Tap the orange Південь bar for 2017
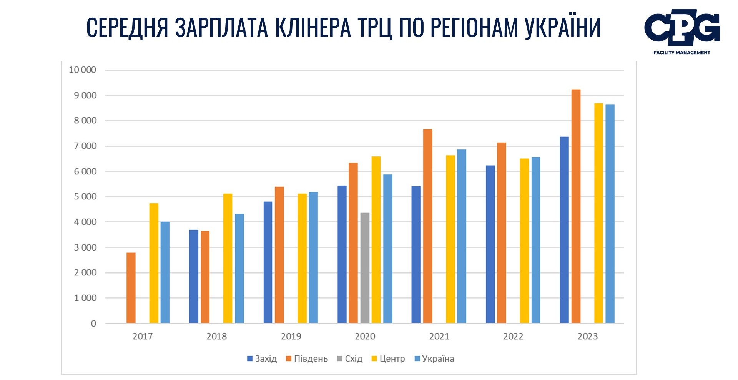pos(131,288)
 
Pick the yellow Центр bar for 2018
pos(228,258)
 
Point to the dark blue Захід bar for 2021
pos(416,254)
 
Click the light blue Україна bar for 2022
pos(535,240)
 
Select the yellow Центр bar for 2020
pos(376,240)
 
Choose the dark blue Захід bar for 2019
pos(268,262)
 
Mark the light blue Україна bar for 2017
pos(165,272)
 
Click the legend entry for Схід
pos(350,359)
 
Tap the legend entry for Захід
pos(262,359)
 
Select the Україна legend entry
pos(434,359)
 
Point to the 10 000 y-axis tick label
pos(82,70)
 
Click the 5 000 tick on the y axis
pos(85,197)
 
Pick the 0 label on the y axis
pos(93,324)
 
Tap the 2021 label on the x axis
pos(439,336)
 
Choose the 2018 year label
pos(216,336)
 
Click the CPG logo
pos(681,28)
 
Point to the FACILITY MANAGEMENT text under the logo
pos(681,53)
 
